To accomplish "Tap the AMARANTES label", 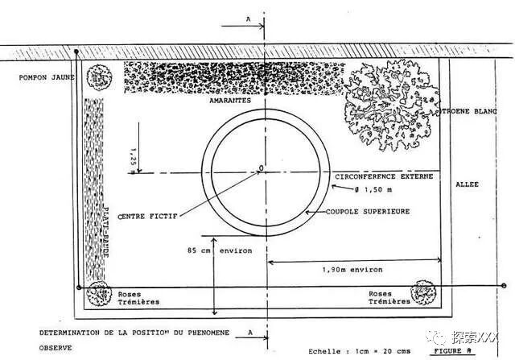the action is pos(230,101).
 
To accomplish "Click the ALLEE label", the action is pos(467,184).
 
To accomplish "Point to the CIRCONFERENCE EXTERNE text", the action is pos(383,176).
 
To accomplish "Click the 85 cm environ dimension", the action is pos(220,250).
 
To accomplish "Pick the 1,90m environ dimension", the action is pos(353,269).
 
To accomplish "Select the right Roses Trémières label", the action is pos(390,298).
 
